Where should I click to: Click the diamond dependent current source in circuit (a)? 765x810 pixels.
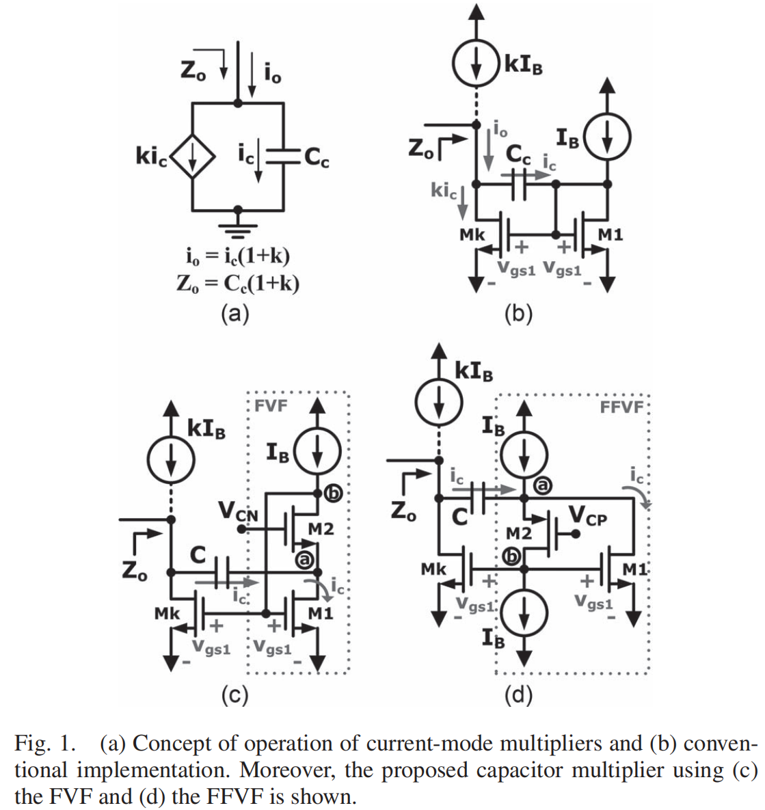[193, 157]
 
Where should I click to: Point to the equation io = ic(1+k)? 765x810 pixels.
[238, 256]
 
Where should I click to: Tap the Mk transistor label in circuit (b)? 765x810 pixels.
[472, 234]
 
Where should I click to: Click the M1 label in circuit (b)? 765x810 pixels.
[610, 234]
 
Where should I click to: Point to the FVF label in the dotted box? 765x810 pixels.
[271, 405]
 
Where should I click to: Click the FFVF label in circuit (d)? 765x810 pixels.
[622, 407]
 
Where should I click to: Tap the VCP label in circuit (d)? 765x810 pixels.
[587, 517]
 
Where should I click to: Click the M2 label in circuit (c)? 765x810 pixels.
[321, 528]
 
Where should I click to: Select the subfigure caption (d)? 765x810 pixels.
[518, 695]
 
